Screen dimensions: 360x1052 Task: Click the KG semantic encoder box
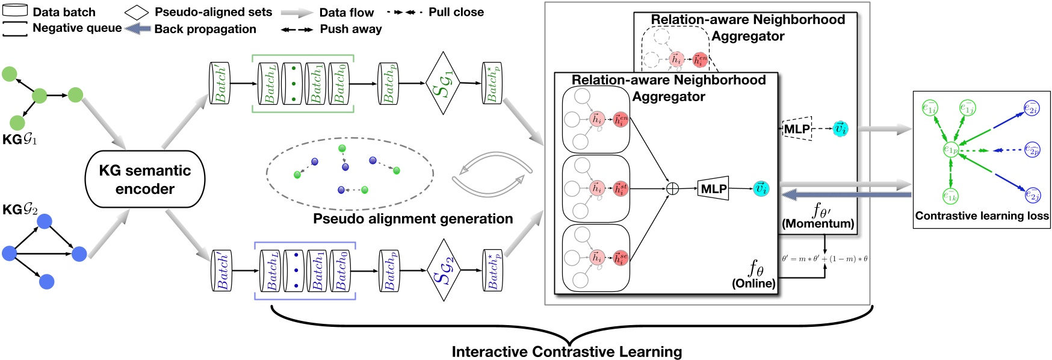tap(145, 179)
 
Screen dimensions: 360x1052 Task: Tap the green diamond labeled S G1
tap(442, 83)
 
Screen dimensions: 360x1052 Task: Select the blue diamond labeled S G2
tap(443, 270)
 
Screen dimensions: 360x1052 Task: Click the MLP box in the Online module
tap(713, 189)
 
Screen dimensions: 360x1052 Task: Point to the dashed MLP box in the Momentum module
tap(797, 129)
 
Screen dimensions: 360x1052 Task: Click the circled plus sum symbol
tap(673, 189)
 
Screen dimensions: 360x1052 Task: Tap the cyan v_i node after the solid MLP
tap(761, 189)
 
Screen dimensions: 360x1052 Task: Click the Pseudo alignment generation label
tap(413, 219)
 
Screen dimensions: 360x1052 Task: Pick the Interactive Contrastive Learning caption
tap(566, 352)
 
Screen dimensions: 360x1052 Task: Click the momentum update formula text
tap(825, 259)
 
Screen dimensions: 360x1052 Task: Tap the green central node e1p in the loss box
tap(950, 150)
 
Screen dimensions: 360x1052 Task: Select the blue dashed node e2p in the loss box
tap(1032, 150)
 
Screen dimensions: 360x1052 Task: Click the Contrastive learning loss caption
tap(982, 216)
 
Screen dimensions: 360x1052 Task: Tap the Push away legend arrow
tap(297, 29)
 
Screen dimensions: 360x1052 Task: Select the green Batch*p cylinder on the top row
tap(492, 83)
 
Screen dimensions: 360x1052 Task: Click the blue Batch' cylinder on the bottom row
tap(221, 270)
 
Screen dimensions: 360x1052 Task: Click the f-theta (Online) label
tap(754, 275)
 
